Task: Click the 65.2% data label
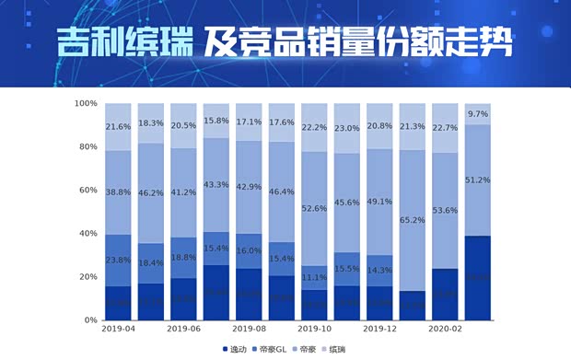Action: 414,220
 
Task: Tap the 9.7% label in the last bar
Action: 479,114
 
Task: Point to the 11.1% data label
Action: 315,277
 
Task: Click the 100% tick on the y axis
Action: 86,103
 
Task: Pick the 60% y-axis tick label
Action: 88,190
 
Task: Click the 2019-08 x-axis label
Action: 250,329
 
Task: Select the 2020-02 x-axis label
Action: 446,329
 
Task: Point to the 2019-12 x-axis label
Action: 380,329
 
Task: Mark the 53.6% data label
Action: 446,210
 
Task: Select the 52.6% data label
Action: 315,208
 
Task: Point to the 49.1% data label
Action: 380,202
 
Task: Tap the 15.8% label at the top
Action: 216,120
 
